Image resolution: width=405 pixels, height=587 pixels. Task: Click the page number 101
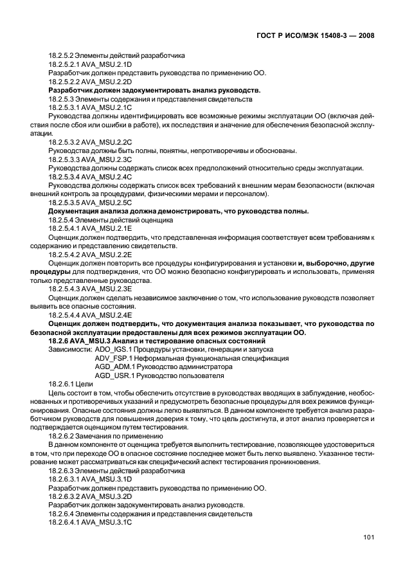click(368, 537)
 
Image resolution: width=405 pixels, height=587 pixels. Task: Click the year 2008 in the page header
click(363, 36)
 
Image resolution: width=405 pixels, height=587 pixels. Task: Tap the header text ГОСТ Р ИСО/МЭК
click(284, 36)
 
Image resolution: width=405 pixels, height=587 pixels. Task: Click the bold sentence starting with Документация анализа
click(179, 211)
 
